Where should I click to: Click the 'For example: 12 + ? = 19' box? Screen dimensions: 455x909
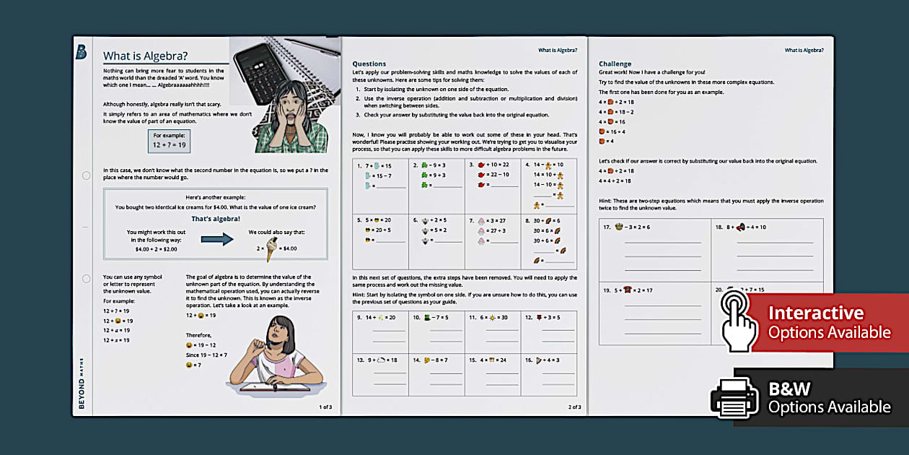pos(169,140)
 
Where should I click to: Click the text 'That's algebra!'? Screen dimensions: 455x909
pos(216,218)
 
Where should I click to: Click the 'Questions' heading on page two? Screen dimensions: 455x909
pos(369,64)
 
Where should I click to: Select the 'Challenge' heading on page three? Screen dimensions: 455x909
pos(615,64)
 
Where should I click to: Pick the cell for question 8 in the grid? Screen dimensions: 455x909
pos(549,241)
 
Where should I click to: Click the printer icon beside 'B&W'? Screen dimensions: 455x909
pos(734,398)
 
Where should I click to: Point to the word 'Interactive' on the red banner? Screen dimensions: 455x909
pos(816,313)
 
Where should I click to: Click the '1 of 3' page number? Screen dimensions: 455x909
pos(325,407)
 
